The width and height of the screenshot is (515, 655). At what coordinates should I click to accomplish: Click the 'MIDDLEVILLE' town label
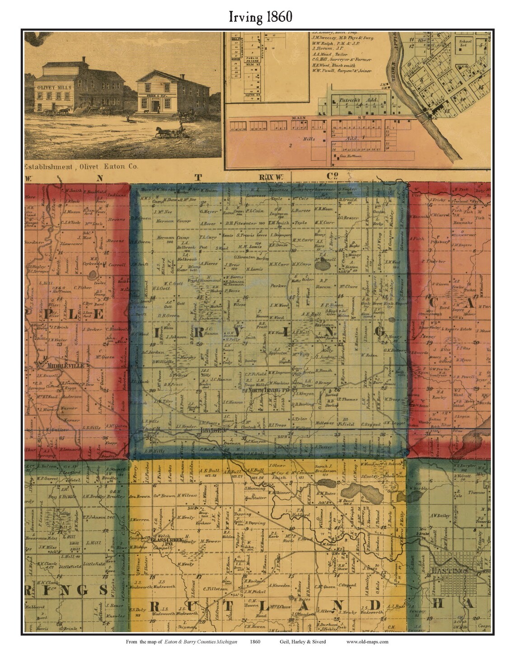56,366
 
